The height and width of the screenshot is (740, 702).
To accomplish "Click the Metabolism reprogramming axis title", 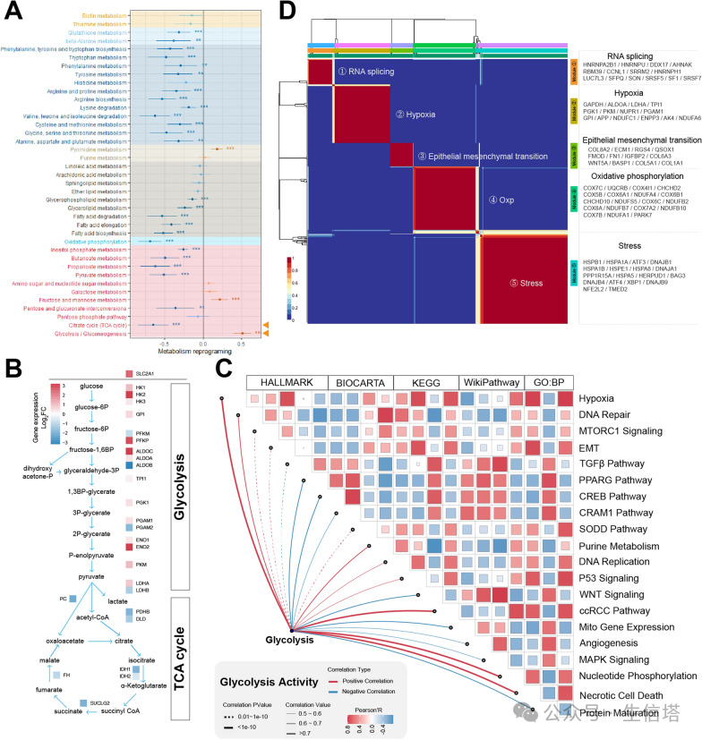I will coord(202,354).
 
